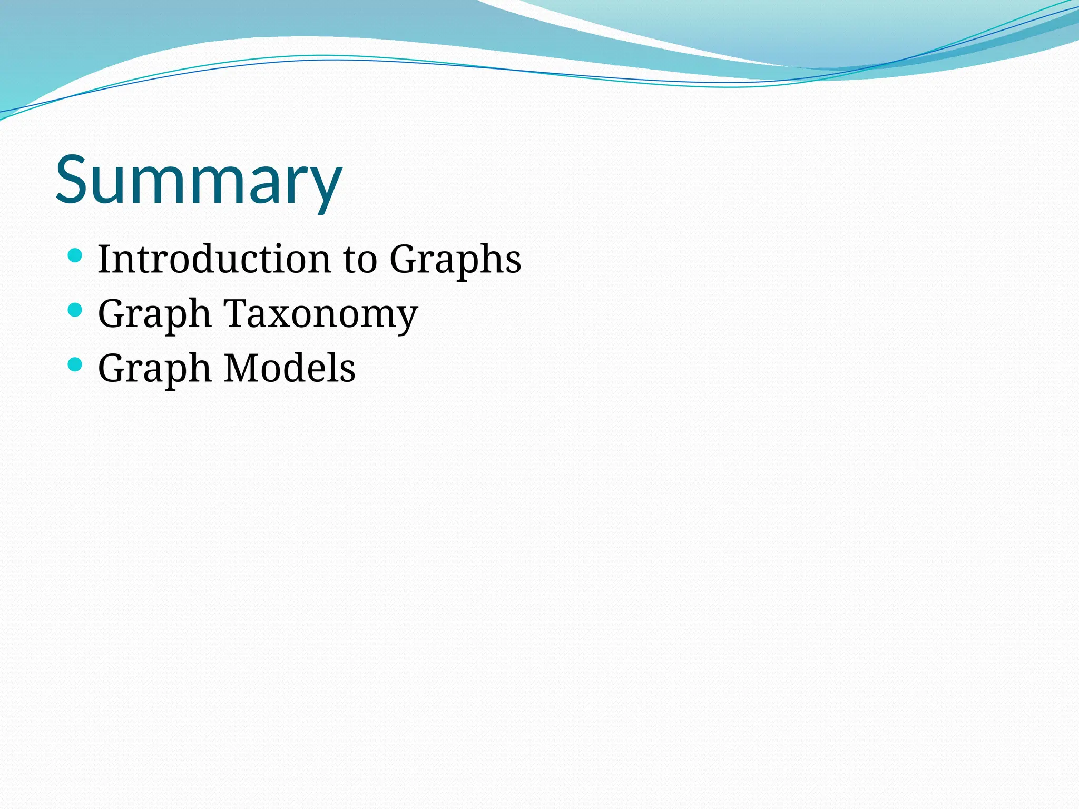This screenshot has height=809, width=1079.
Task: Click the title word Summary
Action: coord(199,180)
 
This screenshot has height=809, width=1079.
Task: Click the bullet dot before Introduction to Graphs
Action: coord(75,256)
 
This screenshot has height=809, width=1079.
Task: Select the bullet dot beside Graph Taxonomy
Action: coord(75,310)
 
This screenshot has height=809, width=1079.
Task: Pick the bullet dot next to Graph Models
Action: coord(75,364)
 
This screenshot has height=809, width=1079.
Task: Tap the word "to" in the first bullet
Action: coord(360,260)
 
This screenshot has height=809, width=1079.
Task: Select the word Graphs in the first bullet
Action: coord(455,260)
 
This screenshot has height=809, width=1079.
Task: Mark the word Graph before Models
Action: coord(154,369)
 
